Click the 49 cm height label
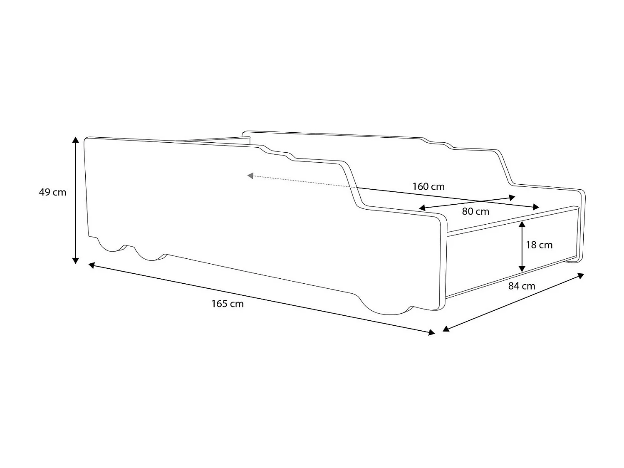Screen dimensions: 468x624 pos(52,192)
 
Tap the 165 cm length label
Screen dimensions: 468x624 pos(227,304)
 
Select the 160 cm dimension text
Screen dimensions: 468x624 pos(428,186)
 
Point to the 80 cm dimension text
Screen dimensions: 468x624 pos(475,211)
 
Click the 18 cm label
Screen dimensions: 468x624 pos(539,245)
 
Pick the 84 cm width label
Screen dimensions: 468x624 pos(522,286)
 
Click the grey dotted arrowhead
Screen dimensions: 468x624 pos(250,176)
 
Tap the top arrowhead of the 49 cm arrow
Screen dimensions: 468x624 pos(75,139)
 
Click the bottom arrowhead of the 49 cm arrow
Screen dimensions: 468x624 pos(75,260)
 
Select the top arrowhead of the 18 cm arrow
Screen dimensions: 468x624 pos(522,224)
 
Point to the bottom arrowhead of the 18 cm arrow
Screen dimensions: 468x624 pos(522,269)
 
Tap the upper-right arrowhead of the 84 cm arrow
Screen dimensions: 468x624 pos(581,275)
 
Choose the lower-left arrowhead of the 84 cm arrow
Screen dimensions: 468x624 pos(446,329)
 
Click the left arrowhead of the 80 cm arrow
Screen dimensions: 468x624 pos(422,208)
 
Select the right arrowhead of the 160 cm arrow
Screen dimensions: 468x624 pos(536,207)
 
